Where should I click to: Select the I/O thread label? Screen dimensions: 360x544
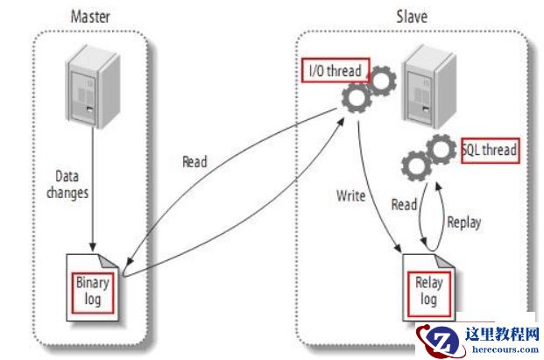coord(336,69)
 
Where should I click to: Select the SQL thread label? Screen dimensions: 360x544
coord(489,150)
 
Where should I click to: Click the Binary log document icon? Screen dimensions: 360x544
coord(93,284)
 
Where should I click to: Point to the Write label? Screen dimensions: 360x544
coord(352,195)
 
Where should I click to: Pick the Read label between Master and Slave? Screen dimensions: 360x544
coord(194,162)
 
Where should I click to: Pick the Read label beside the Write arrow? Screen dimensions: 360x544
coord(404,204)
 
